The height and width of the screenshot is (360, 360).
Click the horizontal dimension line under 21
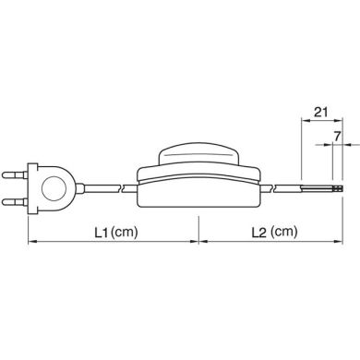pyautogui.click(x=318, y=124)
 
